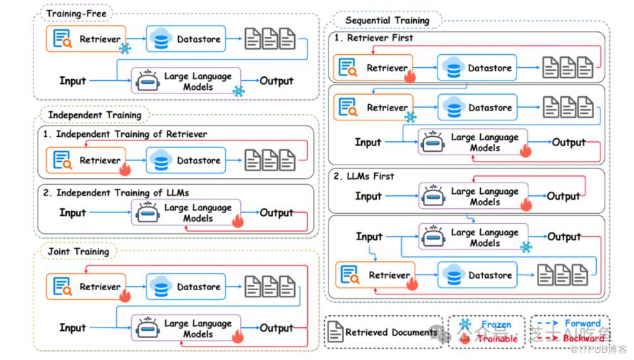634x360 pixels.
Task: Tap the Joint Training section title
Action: coord(79,252)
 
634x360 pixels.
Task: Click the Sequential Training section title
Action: coord(388,20)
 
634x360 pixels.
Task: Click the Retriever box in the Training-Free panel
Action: coord(85,38)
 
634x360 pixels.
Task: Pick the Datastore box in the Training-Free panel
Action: coord(185,38)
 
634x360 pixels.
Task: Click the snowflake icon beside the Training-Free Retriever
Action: coord(125,48)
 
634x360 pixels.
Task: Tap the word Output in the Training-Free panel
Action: coord(277,81)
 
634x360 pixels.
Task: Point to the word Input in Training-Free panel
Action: coord(73,81)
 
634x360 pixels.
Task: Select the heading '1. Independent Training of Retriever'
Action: coord(125,134)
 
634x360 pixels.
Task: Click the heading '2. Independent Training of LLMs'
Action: coord(114,192)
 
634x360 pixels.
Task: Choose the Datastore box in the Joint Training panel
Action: coord(185,287)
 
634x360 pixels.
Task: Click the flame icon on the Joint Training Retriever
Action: coord(125,295)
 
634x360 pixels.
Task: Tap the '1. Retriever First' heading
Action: coord(374,38)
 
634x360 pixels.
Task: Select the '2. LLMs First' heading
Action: coord(364,176)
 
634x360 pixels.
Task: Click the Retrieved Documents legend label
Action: coord(391,332)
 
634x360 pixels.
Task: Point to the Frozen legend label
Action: coord(496,325)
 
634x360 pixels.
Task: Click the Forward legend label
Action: coord(583,324)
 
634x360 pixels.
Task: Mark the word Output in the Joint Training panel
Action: coord(276,328)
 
